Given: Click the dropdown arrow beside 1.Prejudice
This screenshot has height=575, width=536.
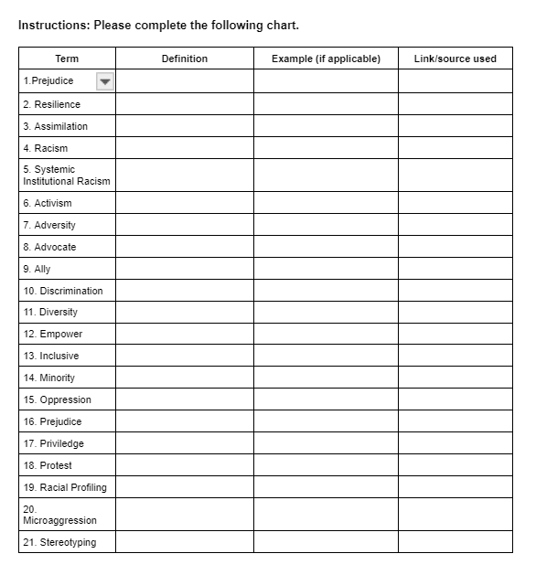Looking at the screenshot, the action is pos(104,81).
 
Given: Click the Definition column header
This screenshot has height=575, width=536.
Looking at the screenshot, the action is pos(185,59).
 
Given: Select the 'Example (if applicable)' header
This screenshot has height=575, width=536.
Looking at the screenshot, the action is pos(326,59).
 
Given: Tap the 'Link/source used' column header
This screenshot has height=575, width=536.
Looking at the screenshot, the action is pos(455,59).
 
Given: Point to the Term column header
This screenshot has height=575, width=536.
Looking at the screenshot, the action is pos(67,59).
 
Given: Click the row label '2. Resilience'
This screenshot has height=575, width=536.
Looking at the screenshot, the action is pos(51,104).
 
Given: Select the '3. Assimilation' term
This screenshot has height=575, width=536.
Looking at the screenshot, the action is pos(55,126).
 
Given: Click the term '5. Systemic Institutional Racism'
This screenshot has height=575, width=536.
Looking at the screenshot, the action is pos(66,175).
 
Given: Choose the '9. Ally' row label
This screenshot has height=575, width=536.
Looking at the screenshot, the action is pos(37,269).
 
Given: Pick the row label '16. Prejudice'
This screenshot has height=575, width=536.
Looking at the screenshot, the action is pos(52,421).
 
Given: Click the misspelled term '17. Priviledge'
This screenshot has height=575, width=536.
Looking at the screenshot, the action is pos(53,443).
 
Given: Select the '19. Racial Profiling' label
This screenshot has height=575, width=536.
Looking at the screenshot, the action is pos(64,487).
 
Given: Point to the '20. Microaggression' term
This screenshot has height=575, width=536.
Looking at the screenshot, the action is pos(59,515).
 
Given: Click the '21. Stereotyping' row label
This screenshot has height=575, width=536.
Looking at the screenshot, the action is pos(59,542).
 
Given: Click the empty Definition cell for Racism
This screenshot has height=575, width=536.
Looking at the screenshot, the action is pos(185,148).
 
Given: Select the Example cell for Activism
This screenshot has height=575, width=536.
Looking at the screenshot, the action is pos(326,203).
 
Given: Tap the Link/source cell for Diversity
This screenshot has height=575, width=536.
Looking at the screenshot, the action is pos(455,312).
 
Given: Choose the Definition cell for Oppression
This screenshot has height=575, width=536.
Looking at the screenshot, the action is pos(185,399).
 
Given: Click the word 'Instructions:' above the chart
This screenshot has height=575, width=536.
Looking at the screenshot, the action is pos(53,25).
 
